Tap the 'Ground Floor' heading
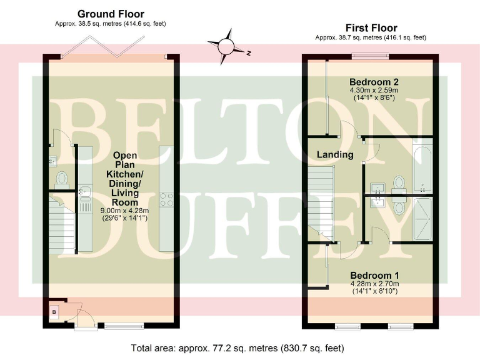pos(110,14)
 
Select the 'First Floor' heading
pos(371,27)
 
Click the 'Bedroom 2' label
pos(374,82)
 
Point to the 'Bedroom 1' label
pos(374,276)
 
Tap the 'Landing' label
pos(334,154)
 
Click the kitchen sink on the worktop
pos(84,194)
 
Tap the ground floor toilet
pos(61,180)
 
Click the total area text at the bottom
pos(237,347)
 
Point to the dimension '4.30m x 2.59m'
pos(374,91)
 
